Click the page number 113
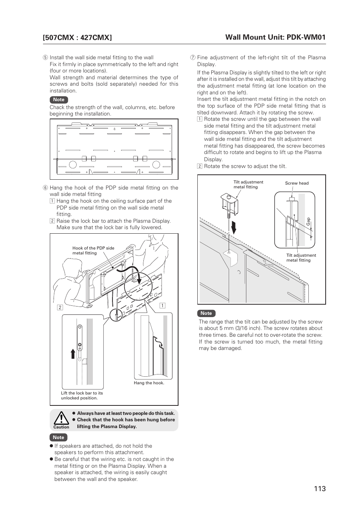point(320,488)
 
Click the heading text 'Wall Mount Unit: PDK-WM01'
point(275,37)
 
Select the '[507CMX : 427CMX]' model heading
point(77,37)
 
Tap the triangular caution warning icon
point(61,418)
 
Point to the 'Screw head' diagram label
point(297,183)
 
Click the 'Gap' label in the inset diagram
point(308,222)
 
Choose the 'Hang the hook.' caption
point(149,383)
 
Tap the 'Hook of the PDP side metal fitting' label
point(93,251)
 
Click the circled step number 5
point(45,58)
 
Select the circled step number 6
point(45,188)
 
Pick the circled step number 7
point(192,58)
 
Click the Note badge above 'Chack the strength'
point(59,100)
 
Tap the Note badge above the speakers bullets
point(58,437)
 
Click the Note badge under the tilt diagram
point(206,313)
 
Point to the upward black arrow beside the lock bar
point(73,354)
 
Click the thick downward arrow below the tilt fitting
point(234,227)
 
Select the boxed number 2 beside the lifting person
point(60,307)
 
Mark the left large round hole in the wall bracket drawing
point(73,165)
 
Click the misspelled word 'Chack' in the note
point(57,107)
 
